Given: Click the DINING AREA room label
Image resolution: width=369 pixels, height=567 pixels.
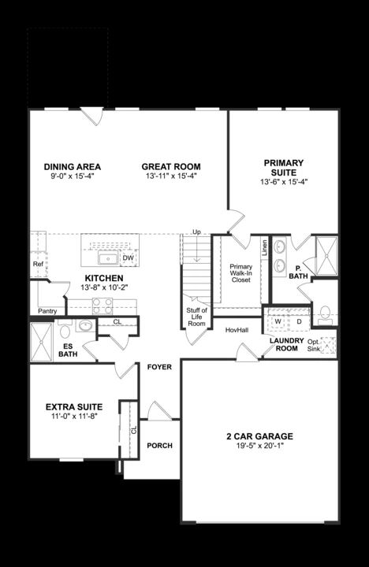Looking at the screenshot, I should [x=72, y=166].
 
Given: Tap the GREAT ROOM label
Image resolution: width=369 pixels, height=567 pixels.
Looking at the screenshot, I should [x=170, y=166].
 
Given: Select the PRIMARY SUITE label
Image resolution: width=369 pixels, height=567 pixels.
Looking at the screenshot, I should [x=283, y=168].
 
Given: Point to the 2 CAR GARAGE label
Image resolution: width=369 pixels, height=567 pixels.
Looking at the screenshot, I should [x=259, y=435].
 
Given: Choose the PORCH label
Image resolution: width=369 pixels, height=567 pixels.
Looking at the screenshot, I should [x=159, y=446].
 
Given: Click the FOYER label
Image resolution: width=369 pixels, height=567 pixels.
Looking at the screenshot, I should [x=159, y=367].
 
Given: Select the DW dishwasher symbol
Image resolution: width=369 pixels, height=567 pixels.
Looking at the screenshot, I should [x=128, y=258].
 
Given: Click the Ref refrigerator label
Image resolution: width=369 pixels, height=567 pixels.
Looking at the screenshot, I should [x=38, y=265].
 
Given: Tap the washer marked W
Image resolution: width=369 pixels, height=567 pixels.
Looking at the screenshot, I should [x=278, y=321].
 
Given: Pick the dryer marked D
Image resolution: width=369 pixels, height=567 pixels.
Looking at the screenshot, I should [x=299, y=321].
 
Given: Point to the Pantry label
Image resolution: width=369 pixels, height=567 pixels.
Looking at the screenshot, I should [x=47, y=311].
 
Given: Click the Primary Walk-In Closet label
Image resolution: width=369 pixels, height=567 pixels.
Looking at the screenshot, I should [x=240, y=273].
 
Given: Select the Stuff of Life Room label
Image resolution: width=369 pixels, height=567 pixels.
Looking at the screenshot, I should [x=196, y=317].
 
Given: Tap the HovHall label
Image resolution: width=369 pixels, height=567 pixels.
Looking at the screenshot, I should [x=237, y=330].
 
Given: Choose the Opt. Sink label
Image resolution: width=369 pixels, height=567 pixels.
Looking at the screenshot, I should [x=314, y=344].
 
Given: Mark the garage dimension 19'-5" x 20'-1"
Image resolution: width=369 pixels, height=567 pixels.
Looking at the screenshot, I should [x=259, y=447].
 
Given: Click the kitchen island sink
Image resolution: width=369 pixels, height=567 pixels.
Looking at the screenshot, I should [x=107, y=258].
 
